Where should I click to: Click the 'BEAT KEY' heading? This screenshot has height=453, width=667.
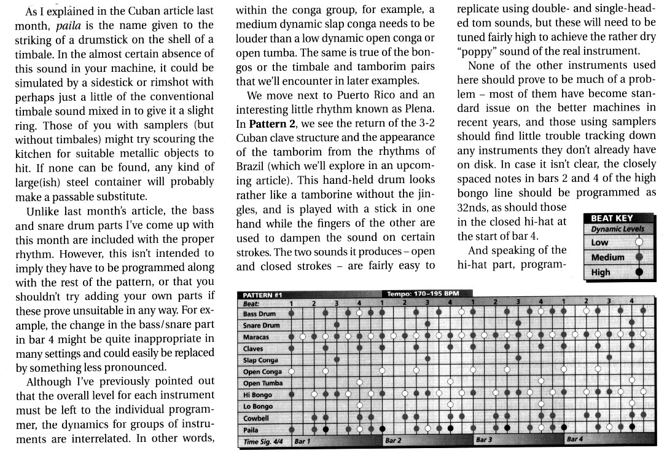[612, 218]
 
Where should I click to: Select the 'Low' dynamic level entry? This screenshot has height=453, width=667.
[600, 243]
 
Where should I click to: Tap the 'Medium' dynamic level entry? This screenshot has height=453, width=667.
[607, 258]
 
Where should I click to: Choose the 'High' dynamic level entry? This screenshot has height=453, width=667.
[601, 272]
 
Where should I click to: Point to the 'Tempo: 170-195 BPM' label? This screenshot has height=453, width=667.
[421, 294]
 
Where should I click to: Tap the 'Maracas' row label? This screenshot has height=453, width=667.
[256, 337]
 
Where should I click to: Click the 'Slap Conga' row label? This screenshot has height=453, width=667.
[260, 360]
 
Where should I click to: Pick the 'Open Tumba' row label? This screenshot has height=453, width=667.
[263, 384]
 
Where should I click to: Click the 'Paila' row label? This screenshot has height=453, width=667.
[251, 430]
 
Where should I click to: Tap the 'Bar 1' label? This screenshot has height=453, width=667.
[302, 441]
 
